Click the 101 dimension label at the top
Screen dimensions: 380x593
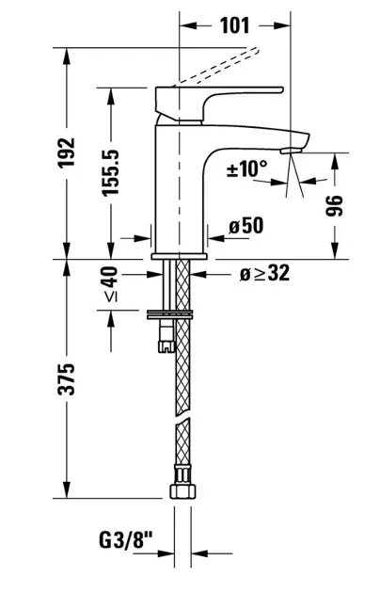(x=234, y=25)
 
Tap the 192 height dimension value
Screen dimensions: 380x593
(x=67, y=152)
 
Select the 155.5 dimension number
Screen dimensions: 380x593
(x=111, y=172)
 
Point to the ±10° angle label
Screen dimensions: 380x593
(x=246, y=168)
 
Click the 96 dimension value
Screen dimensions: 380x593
(x=334, y=206)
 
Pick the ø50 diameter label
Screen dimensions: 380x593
(x=245, y=226)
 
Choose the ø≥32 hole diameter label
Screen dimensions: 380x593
(x=264, y=273)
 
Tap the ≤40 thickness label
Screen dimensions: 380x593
(x=110, y=284)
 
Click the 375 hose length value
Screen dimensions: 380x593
(x=66, y=379)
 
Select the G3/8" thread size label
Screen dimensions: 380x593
(x=126, y=539)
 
